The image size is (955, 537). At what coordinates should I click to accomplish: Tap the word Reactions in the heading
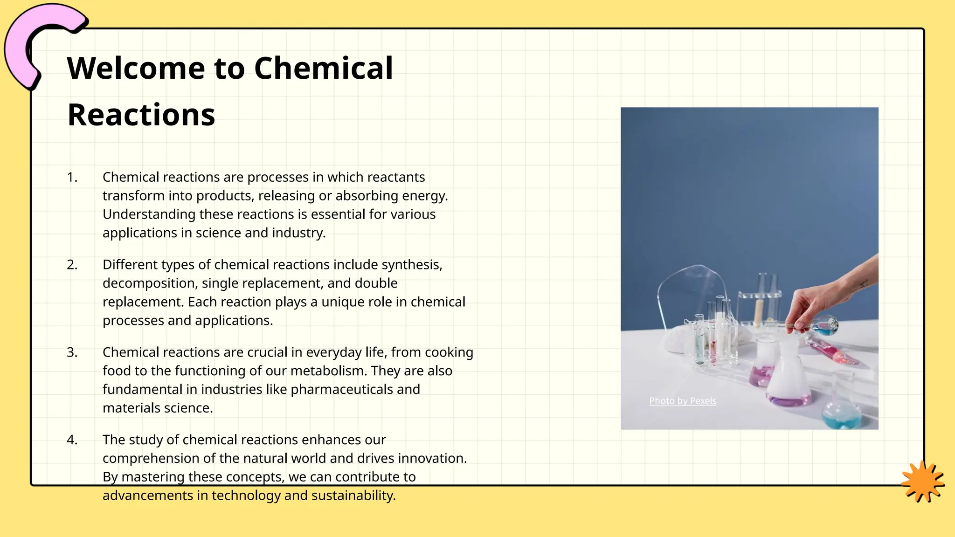coord(141,115)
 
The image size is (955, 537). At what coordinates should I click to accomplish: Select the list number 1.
coord(72,177)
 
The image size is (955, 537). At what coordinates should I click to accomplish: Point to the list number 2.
coord(72,265)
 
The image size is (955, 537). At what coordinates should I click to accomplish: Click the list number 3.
coord(72,352)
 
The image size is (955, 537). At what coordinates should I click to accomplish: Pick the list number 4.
coord(72,440)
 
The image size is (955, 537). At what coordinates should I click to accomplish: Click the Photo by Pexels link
coord(682,401)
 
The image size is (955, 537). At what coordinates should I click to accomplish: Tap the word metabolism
coord(329,371)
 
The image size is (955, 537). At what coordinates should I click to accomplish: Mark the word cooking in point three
coord(449,352)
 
